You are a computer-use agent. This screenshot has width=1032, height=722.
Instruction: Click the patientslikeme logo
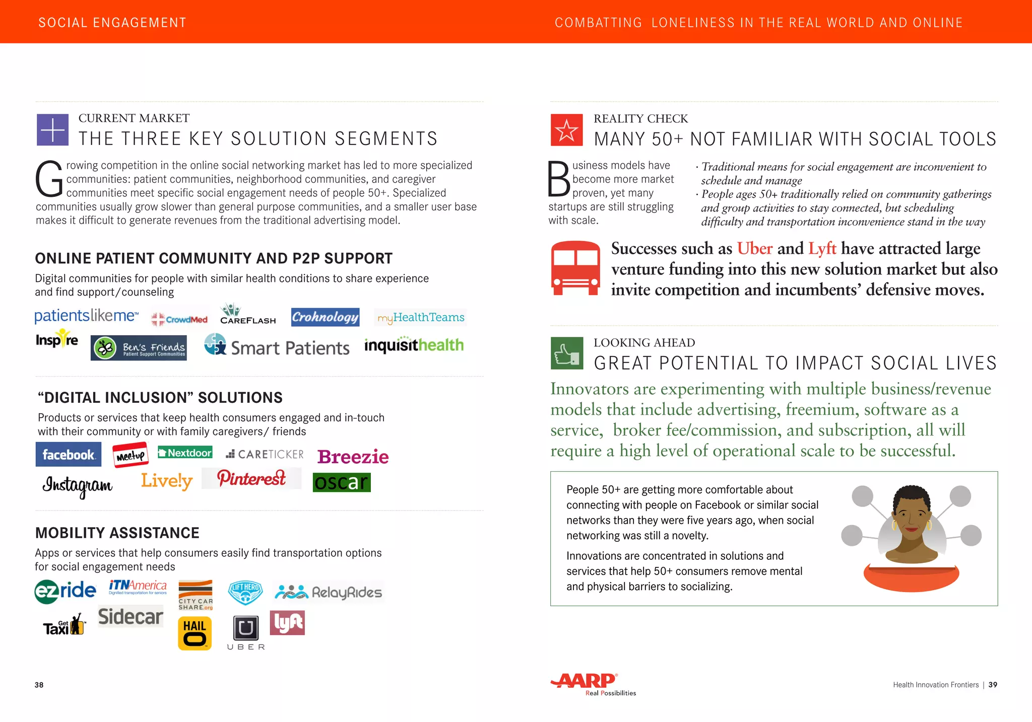[x=86, y=316]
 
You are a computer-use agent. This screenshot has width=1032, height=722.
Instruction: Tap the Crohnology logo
[x=325, y=317]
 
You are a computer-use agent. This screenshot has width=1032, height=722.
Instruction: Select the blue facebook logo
[x=69, y=455]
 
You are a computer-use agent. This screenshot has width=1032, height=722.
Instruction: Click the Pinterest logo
[x=251, y=478]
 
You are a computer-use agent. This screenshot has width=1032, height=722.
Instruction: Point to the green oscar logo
[x=342, y=482]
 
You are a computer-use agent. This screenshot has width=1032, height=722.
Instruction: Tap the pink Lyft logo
[x=287, y=623]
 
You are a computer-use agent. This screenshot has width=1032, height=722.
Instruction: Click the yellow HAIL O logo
[x=195, y=633]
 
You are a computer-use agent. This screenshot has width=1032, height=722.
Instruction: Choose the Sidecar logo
[x=131, y=617]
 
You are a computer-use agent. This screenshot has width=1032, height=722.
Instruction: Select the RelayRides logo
[x=328, y=592]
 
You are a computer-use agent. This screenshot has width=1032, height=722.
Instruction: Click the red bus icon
[x=575, y=268]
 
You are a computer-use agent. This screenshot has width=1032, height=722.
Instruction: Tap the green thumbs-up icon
[x=566, y=353]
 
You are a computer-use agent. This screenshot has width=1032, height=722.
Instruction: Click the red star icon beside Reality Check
[x=566, y=130]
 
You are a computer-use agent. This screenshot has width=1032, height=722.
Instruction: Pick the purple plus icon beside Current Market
[x=52, y=130]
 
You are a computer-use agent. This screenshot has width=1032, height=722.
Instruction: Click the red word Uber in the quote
[x=754, y=249]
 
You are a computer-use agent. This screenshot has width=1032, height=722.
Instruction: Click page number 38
[x=39, y=685]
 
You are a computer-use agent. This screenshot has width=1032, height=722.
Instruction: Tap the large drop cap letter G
[x=49, y=180]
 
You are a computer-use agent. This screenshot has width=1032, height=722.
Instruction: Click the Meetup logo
[x=131, y=455]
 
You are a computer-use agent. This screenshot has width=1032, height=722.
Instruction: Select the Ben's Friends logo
[x=139, y=348]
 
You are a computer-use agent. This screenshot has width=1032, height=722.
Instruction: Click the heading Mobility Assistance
[x=117, y=533]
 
